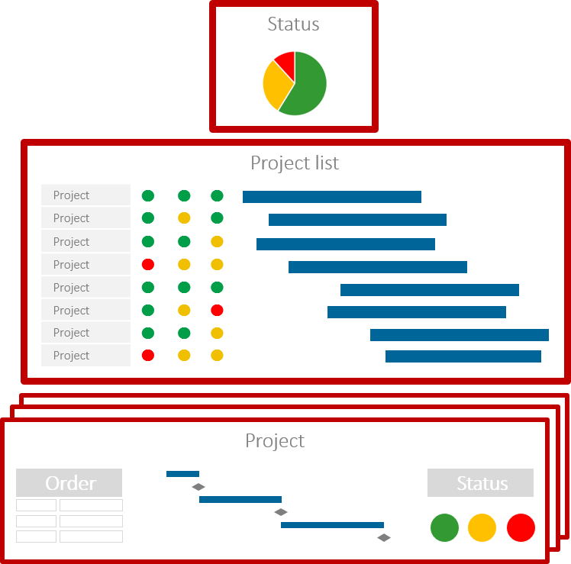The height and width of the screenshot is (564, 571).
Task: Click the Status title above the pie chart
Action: [x=293, y=24]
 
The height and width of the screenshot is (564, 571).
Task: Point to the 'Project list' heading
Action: [x=295, y=163]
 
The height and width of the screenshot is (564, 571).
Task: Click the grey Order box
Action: [x=69, y=483]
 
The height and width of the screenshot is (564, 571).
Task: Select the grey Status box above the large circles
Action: [x=480, y=483]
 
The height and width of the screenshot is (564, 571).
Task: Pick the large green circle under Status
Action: [x=444, y=527]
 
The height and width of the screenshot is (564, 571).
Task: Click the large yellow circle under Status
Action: [x=482, y=527]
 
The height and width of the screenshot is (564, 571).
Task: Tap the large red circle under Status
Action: [x=521, y=527]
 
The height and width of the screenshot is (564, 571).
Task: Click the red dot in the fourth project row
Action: [x=148, y=265]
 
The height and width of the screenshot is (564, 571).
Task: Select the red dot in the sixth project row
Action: [x=217, y=311]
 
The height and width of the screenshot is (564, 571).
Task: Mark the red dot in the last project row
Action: [x=148, y=356]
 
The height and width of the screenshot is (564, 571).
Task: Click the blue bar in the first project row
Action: [x=332, y=197]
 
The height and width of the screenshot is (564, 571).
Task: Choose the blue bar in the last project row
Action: [x=463, y=356]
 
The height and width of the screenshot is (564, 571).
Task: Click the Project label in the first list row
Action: [x=71, y=195]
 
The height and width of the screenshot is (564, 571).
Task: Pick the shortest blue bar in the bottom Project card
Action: [x=182, y=474]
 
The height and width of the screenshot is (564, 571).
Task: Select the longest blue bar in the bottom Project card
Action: [x=332, y=525]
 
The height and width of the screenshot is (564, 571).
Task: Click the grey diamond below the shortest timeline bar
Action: [x=198, y=487]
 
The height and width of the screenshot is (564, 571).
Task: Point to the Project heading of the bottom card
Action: [x=275, y=441]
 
